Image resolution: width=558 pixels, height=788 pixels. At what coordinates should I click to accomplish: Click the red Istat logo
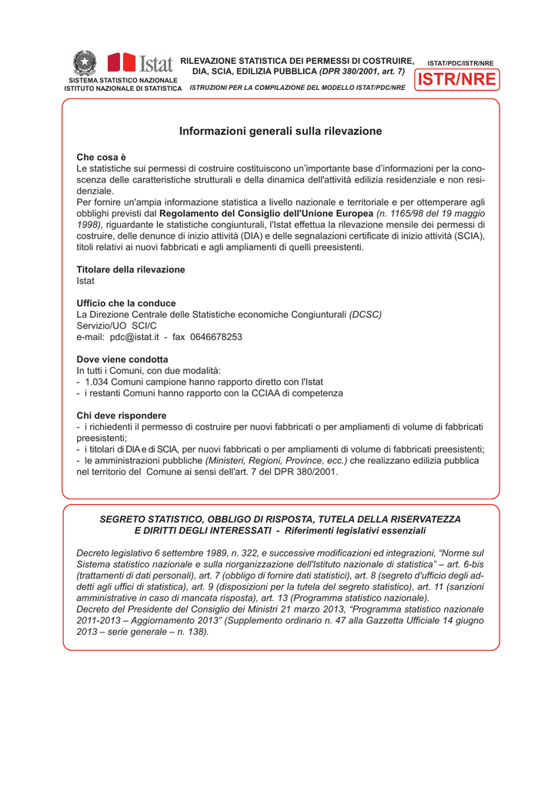click(x=139, y=63)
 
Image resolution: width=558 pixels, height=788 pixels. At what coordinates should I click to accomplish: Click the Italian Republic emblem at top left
click(x=85, y=62)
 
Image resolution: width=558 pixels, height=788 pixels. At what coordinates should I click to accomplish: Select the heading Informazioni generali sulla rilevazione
click(x=280, y=132)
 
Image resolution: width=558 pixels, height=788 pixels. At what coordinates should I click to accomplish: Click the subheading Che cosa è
click(x=101, y=157)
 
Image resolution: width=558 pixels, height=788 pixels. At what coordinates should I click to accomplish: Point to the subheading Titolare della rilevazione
click(x=130, y=269)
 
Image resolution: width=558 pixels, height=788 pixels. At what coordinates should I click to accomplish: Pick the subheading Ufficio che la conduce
click(x=125, y=303)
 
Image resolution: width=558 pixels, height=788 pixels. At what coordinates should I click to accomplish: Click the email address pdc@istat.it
click(x=133, y=337)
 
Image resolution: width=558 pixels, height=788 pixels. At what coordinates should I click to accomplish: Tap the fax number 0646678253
click(x=215, y=337)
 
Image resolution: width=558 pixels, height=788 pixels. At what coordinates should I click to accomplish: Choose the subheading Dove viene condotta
click(x=122, y=359)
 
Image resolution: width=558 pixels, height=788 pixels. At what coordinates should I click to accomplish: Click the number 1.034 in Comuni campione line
click(x=98, y=382)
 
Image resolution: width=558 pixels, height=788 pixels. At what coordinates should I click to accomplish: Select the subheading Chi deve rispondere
click(x=121, y=416)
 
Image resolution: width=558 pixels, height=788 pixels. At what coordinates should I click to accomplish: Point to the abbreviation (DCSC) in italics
click(x=365, y=315)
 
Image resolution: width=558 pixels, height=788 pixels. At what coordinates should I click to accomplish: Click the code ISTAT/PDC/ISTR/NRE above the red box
click(x=460, y=63)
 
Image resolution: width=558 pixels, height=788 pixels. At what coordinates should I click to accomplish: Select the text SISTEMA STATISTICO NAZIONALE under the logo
click(x=123, y=80)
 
